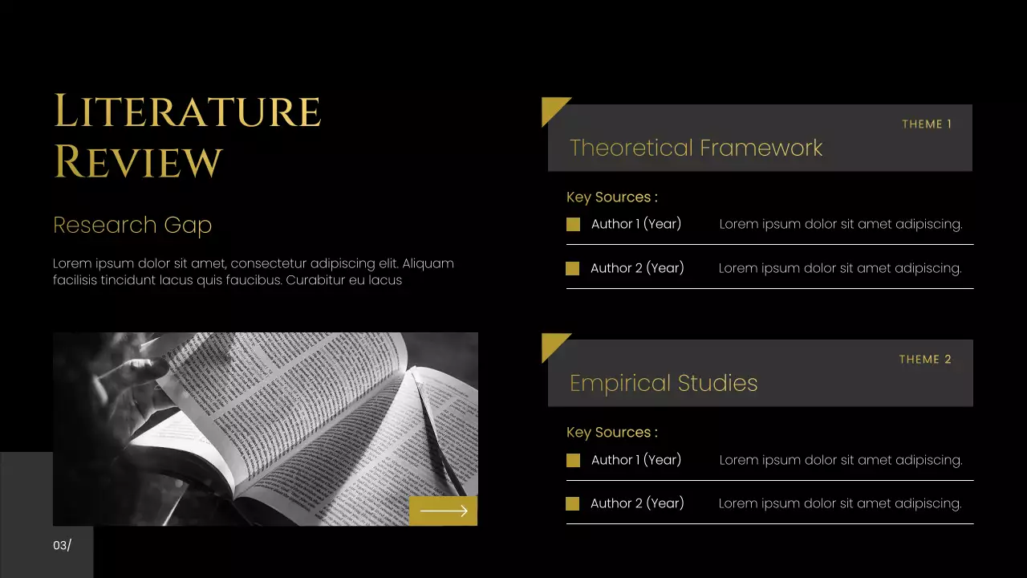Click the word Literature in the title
click(187, 112)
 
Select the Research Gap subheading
click(132, 226)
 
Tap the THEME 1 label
click(927, 124)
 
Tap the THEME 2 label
click(925, 360)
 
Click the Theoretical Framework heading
click(696, 148)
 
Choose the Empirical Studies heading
click(664, 383)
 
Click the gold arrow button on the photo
click(443, 511)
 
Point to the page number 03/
click(62, 546)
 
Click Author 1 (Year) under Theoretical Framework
click(636, 224)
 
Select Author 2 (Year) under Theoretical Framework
click(637, 268)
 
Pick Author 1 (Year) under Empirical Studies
click(636, 460)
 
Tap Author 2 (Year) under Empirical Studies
click(637, 503)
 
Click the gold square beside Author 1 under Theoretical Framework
click(573, 225)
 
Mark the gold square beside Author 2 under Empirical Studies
click(572, 504)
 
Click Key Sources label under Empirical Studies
click(611, 433)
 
